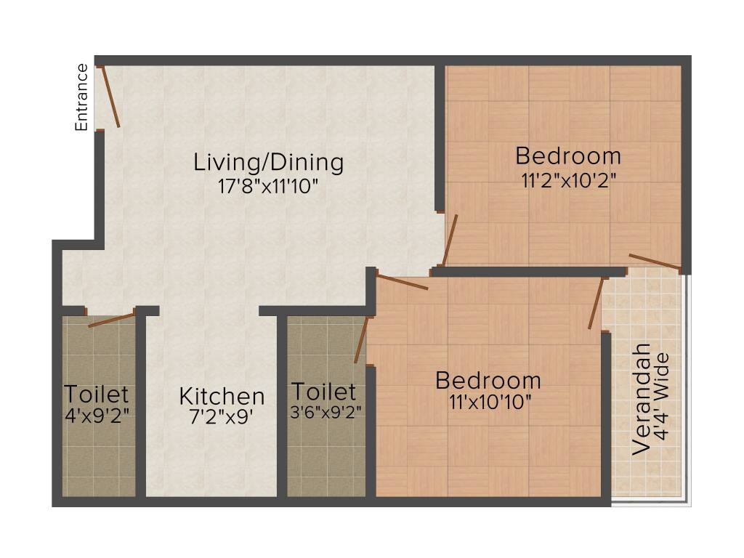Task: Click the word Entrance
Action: (x=81, y=97)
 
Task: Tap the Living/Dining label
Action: (x=268, y=161)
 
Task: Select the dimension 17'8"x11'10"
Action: (x=268, y=186)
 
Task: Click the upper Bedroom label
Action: (x=568, y=156)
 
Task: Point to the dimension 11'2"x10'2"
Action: (x=568, y=179)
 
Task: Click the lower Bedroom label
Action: (x=488, y=381)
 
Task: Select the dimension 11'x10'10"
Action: (x=488, y=402)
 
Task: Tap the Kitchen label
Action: (x=222, y=397)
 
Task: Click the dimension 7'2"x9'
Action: (x=222, y=418)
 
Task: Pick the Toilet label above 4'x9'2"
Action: (x=97, y=395)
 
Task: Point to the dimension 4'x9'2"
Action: (x=97, y=416)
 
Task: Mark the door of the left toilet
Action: (x=112, y=320)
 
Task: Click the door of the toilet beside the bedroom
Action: (x=361, y=339)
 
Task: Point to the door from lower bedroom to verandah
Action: (x=596, y=304)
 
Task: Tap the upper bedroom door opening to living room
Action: (x=450, y=240)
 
